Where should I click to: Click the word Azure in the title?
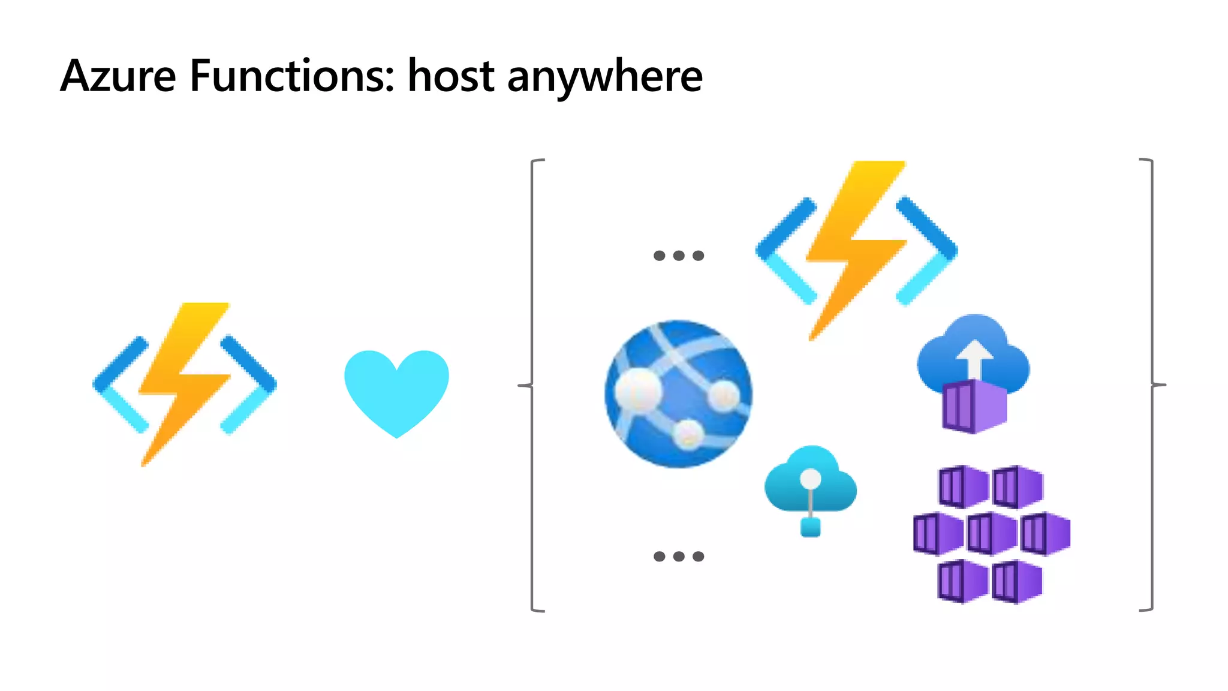click(x=118, y=76)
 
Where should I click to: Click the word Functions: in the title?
click(x=292, y=76)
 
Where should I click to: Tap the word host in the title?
click(x=451, y=76)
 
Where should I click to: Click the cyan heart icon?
click(x=396, y=390)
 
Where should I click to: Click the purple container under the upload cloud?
click(x=974, y=406)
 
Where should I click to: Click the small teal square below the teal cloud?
click(x=810, y=528)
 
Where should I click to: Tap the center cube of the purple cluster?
click(x=991, y=533)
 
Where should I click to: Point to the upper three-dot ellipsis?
click(x=678, y=256)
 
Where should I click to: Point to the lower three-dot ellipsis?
click(x=678, y=556)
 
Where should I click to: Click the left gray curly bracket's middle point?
click(x=523, y=385)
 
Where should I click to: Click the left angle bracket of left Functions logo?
click(x=120, y=384)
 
